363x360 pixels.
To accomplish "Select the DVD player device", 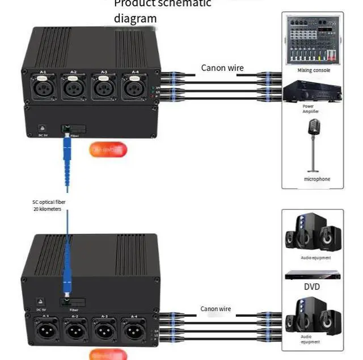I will click(x=314, y=275).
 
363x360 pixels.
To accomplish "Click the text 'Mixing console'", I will click(x=314, y=70).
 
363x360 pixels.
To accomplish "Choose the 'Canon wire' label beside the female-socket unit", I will click(x=222, y=68).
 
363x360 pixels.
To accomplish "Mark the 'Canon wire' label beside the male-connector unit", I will click(x=216, y=308).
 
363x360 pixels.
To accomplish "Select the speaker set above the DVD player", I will click(x=314, y=234).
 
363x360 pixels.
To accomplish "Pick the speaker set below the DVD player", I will click(x=314, y=315).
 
